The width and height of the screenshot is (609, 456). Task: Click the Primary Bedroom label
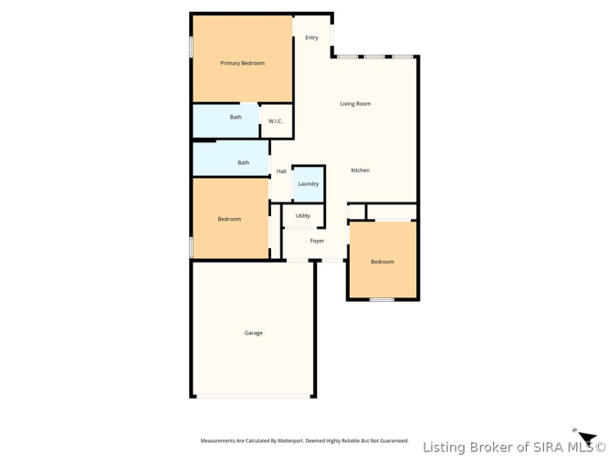pyautogui.click(x=242, y=63)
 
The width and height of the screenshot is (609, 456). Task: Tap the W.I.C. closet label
pyautogui.click(x=276, y=121)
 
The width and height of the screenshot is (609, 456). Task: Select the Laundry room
pyautogui.click(x=309, y=184)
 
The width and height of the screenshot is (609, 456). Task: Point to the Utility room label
pyautogui.click(x=303, y=216)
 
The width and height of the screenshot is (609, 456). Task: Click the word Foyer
pyautogui.click(x=317, y=241)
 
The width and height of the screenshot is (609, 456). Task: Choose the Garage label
pyautogui.click(x=254, y=333)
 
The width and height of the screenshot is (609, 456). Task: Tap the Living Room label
pyautogui.click(x=355, y=104)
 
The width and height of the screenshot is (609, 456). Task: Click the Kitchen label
pyautogui.click(x=361, y=170)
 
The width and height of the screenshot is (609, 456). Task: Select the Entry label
pyautogui.click(x=312, y=37)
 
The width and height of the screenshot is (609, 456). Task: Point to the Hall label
pyautogui.click(x=281, y=171)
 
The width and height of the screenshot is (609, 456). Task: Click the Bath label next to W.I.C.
pyautogui.click(x=236, y=117)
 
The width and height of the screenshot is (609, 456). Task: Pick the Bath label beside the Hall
pyautogui.click(x=244, y=162)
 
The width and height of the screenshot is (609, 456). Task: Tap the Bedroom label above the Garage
pyautogui.click(x=229, y=219)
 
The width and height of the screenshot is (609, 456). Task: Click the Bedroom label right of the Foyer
pyautogui.click(x=383, y=262)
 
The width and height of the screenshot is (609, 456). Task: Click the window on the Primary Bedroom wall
pyautogui.click(x=191, y=47)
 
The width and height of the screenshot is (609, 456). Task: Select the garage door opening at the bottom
pyautogui.click(x=254, y=396)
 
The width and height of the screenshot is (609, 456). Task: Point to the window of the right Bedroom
pyautogui.click(x=382, y=300)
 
